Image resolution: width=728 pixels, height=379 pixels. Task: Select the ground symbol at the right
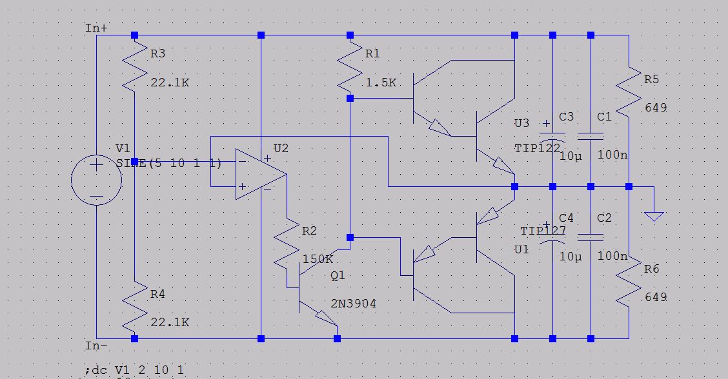coord(654,215)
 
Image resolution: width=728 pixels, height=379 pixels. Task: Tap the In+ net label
coord(96,28)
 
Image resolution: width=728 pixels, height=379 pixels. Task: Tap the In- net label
coord(96,346)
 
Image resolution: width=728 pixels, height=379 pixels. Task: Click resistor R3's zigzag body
coord(134,71)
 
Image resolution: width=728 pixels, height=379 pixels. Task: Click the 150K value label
coord(318,259)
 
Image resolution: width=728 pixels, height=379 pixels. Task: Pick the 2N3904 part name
coord(354,304)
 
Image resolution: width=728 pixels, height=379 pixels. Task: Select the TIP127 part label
coord(543,231)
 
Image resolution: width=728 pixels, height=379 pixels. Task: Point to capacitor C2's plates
coord(591,237)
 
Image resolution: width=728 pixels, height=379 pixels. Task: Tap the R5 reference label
coord(652,79)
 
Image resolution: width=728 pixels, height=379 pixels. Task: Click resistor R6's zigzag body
coord(629,282)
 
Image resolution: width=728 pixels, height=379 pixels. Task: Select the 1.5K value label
coord(381,83)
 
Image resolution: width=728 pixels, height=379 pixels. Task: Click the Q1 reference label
coord(338,275)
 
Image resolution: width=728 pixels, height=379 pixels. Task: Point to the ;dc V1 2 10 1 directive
coord(134,370)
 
